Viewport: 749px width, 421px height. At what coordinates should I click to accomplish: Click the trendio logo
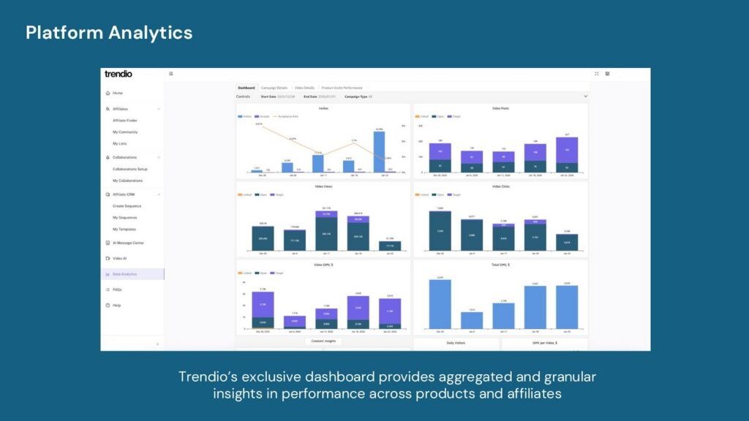(118, 74)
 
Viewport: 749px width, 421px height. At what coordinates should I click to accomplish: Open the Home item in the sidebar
(117, 93)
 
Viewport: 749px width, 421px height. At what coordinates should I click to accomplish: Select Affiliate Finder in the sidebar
(124, 121)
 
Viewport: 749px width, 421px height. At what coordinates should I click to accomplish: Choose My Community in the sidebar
(125, 132)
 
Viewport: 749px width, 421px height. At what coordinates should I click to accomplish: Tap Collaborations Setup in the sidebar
(129, 169)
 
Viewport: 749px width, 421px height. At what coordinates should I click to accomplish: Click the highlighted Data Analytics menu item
(124, 274)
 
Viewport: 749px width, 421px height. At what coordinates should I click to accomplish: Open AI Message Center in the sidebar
(128, 243)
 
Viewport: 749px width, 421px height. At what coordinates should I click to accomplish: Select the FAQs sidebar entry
(117, 289)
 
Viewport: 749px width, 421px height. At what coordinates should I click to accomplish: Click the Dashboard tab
(246, 88)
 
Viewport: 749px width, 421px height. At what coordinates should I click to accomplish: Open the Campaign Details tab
(274, 88)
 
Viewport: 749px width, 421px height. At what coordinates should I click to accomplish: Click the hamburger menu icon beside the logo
(171, 74)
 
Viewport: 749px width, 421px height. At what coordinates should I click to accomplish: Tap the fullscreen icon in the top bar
(597, 74)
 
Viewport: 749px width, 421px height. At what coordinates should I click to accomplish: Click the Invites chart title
(323, 107)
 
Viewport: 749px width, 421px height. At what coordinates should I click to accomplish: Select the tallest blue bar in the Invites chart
(379, 152)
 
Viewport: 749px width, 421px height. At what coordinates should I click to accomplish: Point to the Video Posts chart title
(500, 107)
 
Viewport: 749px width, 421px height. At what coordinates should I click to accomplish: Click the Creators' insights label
(323, 341)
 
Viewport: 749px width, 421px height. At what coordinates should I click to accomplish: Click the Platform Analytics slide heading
(109, 32)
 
